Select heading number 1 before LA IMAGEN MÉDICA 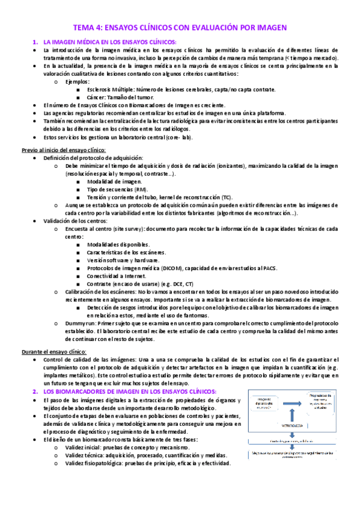(35, 41)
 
